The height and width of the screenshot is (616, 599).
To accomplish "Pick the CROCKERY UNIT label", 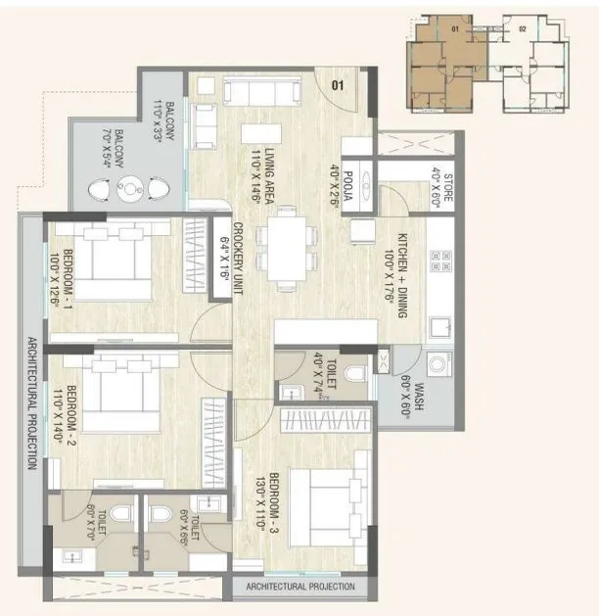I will click(x=232, y=258).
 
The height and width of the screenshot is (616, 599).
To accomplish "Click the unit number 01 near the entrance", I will click(x=339, y=86).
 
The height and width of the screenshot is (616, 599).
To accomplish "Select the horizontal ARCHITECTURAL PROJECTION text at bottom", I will click(x=300, y=587).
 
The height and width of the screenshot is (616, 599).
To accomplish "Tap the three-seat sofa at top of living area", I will click(x=261, y=92).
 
